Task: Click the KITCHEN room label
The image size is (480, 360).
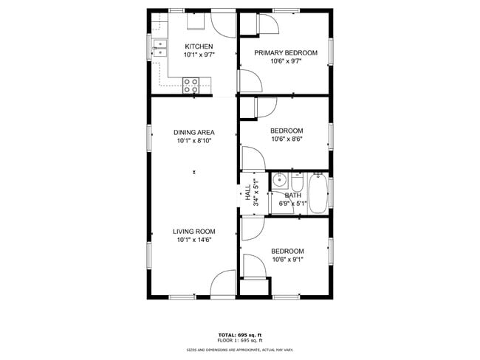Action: coord(199,46)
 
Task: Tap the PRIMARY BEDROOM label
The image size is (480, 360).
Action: coord(286,52)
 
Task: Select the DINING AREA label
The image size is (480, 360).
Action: coord(194,132)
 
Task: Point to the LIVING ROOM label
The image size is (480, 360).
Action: coord(194,232)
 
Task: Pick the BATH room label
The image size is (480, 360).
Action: coord(293,195)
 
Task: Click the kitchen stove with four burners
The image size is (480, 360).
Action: coord(192,85)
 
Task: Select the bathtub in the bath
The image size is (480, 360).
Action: coord(319,193)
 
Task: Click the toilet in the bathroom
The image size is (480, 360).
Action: coord(297,182)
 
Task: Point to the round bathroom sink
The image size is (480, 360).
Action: coord(280,181)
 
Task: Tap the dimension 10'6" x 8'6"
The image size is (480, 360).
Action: coord(287,139)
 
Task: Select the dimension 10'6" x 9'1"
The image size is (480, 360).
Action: coord(287,259)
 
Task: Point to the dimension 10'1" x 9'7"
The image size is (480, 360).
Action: coord(199,55)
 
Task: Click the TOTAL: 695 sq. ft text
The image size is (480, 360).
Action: coord(239,334)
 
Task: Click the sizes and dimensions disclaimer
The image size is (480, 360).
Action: coord(239,350)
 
